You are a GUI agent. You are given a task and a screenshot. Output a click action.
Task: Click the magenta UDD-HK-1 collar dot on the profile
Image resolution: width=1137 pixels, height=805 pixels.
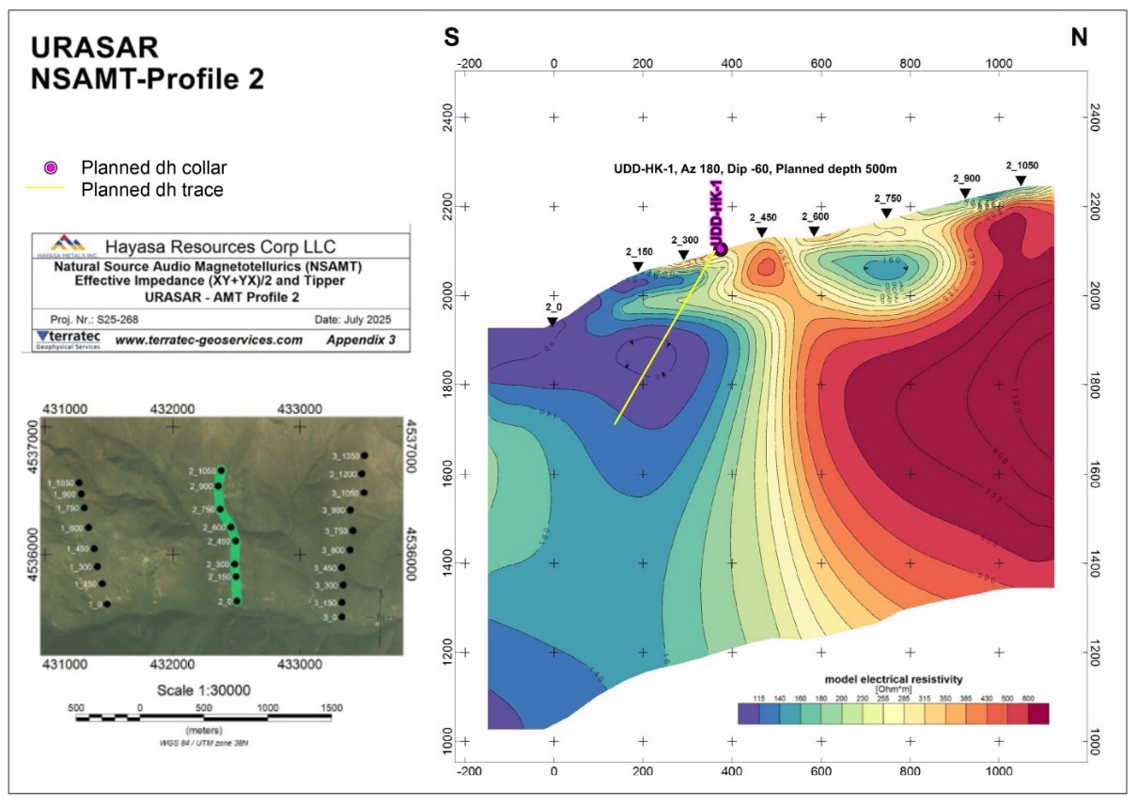click(722, 248)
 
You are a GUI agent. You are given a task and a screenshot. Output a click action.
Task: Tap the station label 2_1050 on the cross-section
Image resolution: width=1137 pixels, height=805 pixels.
click(1021, 166)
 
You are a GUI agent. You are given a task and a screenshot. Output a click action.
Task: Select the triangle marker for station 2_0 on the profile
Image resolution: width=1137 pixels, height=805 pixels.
click(553, 322)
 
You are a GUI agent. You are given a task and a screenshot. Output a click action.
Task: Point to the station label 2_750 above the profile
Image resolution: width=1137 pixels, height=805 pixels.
click(887, 198)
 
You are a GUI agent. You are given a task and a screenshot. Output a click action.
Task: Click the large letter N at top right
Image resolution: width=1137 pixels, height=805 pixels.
click(1079, 39)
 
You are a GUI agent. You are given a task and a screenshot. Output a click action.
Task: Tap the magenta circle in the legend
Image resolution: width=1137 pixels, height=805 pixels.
click(52, 167)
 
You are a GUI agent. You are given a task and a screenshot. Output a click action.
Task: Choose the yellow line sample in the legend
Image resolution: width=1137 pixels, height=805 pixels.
click(52, 188)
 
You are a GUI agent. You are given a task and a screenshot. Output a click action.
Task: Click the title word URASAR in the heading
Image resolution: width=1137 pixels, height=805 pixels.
click(95, 48)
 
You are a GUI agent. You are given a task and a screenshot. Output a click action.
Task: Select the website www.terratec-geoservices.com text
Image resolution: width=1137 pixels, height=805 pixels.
click(209, 340)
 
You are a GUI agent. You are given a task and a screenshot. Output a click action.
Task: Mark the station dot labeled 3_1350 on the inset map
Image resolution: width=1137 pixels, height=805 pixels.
click(364, 456)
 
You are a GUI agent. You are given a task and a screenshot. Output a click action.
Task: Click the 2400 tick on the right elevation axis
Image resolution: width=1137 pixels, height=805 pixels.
click(1094, 118)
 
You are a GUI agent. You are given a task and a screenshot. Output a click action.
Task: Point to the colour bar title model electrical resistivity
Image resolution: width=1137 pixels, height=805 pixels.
click(893, 678)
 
